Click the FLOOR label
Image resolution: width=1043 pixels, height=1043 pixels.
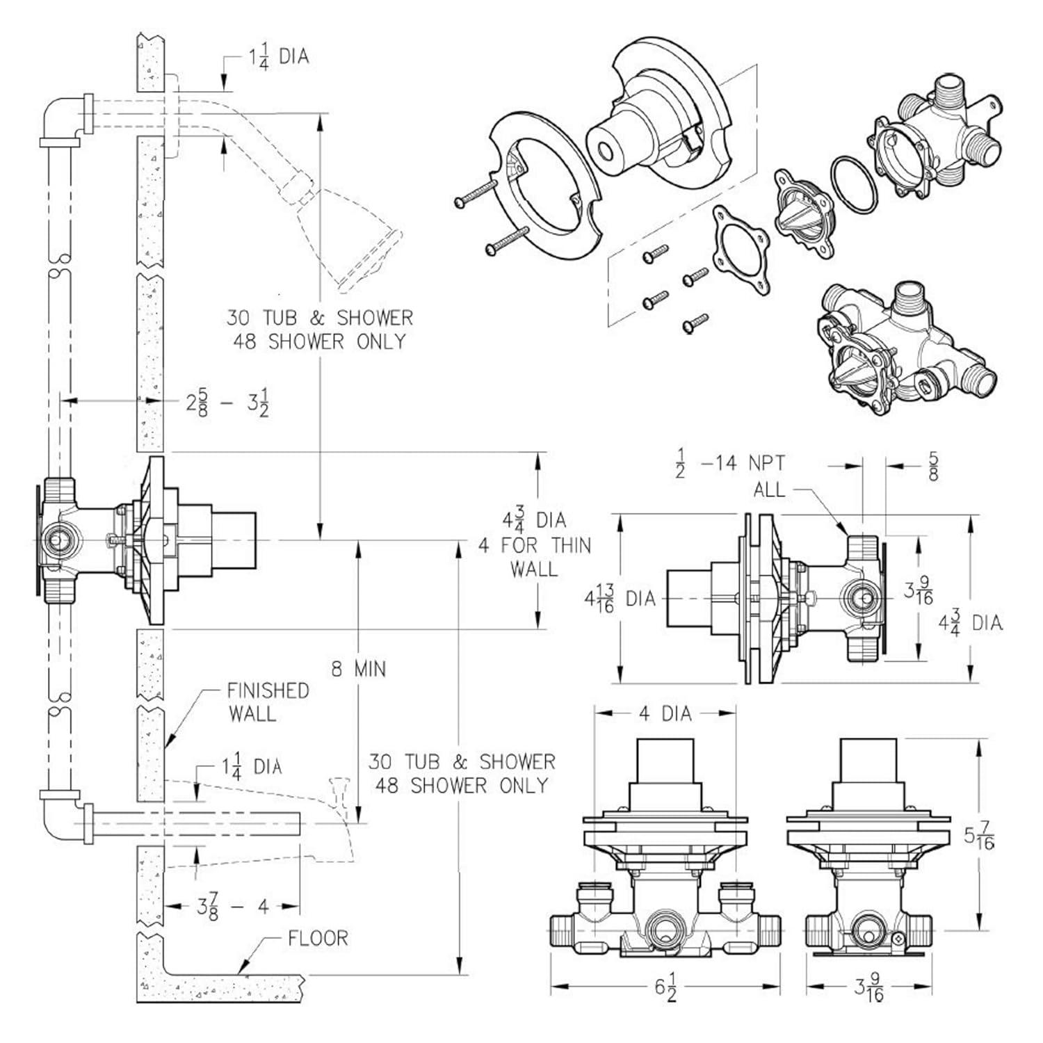[x=318, y=938]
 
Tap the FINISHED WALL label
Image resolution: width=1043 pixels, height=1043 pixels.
[x=268, y=702]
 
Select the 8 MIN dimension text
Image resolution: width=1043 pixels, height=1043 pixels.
[x=358, y=669]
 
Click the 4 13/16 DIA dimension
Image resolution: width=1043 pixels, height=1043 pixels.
[x=619, y=598]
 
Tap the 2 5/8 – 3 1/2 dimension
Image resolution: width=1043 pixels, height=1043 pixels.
[x=227, y=403]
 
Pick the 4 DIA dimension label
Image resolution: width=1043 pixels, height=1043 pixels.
[x=665, y=714]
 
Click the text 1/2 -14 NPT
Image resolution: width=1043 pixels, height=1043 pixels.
[x=730, y=464]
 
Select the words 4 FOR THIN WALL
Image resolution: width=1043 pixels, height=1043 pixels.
[x=534, y=557]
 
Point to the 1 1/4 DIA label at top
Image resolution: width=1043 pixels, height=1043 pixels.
[x=278, y=57]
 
